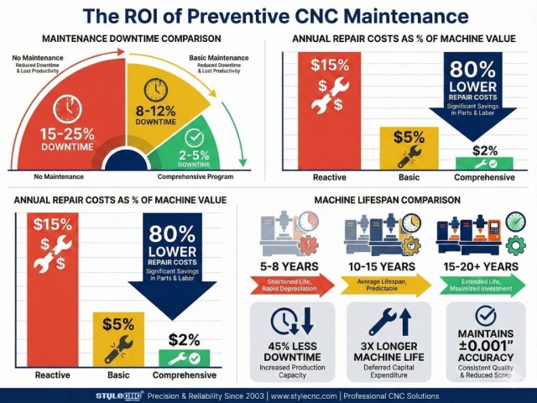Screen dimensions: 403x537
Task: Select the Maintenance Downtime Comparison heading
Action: (132, 39)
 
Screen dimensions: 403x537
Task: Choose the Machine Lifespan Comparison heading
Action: (387, 200)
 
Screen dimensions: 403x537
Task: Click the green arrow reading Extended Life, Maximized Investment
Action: (481, 285)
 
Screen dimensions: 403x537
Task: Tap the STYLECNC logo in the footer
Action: (117, 394)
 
